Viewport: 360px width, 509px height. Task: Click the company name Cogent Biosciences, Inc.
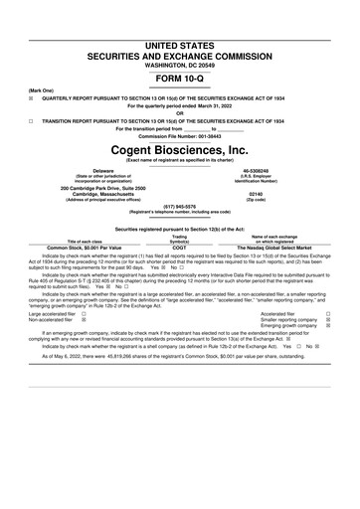pos(179,150)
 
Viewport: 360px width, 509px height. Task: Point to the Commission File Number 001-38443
pos(180,135)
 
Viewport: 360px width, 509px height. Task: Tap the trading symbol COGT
pos(179,248)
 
